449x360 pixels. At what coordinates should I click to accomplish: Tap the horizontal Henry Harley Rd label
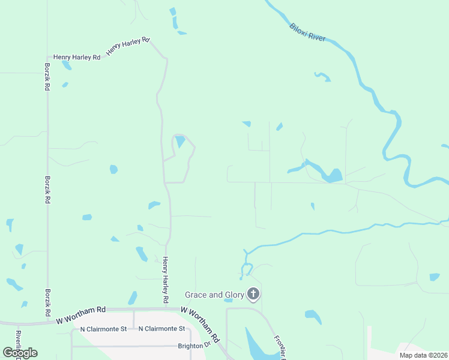76,58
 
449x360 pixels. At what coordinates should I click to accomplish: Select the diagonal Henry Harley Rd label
127,47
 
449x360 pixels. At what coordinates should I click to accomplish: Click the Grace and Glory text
214,295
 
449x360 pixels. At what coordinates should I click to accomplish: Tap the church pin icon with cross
253,294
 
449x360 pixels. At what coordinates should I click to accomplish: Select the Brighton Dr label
193,346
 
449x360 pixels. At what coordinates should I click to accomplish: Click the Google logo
20,352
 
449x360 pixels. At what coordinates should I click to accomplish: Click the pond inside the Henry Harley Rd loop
179,142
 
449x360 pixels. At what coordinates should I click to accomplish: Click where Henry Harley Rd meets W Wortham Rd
166,309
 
